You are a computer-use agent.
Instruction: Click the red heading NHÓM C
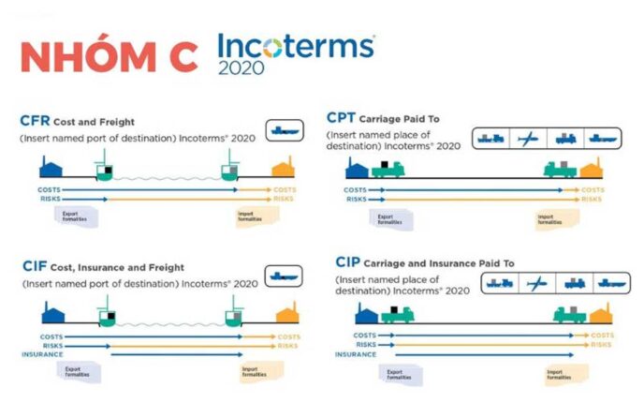(x=108, y=56)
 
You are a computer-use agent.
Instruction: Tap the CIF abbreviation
(x=36, y=266)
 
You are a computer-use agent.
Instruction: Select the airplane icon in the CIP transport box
(x=536, y=283)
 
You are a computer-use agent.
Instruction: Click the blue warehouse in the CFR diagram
(x=50, y=169)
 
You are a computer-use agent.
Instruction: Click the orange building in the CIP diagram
(x=600, y=314)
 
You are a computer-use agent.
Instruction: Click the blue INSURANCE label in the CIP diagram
(x=357, y=354)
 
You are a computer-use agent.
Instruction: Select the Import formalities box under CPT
(x=552, y=219)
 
